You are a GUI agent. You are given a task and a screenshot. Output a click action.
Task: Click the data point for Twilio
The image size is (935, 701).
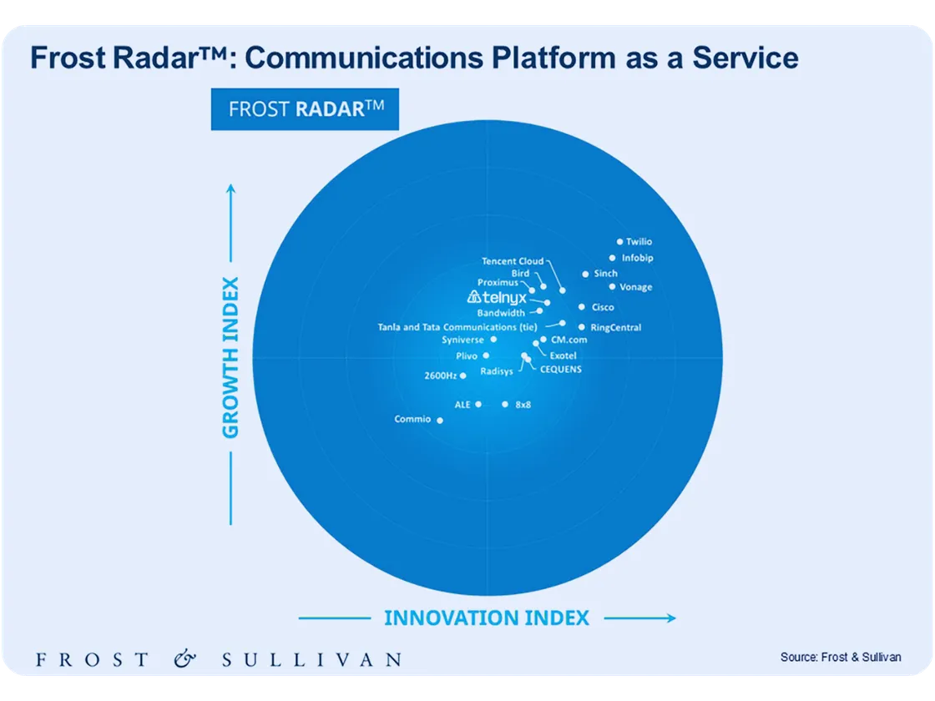(619, 241)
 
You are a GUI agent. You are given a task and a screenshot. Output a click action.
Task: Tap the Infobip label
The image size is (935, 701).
(637, 258)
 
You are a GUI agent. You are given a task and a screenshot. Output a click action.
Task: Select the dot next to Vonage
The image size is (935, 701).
(612, 286)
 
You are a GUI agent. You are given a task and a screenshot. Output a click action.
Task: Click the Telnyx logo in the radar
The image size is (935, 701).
(496, 297)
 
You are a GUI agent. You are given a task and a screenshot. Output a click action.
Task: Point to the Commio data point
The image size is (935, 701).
(441, 420)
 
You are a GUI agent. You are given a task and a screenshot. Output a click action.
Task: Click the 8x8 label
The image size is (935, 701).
(523, 404)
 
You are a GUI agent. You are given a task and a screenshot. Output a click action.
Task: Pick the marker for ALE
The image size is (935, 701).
(478, 404)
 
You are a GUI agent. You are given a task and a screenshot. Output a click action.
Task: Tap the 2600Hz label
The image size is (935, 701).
(440, 376)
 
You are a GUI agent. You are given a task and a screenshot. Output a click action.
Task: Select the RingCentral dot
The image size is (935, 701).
(582, 327)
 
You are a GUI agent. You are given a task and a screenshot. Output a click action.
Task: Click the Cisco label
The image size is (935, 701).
(603, 307)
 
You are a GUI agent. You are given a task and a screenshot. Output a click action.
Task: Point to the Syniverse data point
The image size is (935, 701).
(493, 340)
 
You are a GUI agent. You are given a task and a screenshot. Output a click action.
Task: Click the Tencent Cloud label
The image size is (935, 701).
(513, 261)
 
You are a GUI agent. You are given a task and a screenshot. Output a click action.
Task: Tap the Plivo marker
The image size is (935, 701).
(487, 356)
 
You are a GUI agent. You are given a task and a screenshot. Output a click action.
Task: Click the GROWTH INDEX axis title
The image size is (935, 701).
(230, 357)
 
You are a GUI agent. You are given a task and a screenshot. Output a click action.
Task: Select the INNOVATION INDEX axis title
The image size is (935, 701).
(487, 618)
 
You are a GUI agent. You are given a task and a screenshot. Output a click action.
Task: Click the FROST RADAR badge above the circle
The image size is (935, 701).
(305, 109)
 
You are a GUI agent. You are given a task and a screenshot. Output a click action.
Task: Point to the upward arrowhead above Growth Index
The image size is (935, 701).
(231, 189)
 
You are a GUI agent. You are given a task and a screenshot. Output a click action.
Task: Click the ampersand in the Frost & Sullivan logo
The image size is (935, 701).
(185, 659)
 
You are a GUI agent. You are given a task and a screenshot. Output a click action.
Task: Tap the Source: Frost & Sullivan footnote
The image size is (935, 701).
(841, 657)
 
